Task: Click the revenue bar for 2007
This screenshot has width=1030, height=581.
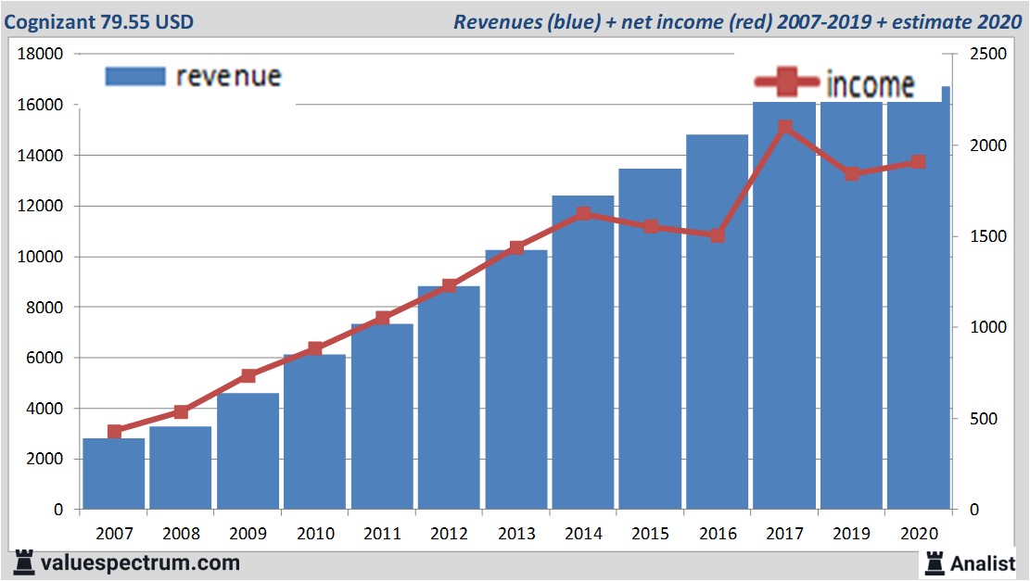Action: coord(114,473)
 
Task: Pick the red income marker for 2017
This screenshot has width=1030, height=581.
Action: coord(784,127)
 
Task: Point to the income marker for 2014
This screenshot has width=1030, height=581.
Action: coord(583,214)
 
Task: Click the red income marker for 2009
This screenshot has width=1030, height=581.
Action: coord(248,375)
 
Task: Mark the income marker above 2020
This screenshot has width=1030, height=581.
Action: coord(918,162)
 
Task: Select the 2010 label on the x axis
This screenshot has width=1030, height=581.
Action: coord(315,534)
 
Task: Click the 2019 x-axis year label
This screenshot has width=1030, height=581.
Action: coord(851,534)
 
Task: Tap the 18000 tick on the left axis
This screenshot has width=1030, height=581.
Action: coord(41,54)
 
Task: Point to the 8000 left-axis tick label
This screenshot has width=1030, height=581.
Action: coord(45,308)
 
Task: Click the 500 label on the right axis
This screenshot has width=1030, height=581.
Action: coord(984,420)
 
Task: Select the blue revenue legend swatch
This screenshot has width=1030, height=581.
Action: coord(135,76)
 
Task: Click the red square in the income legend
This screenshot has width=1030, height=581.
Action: coord(786,82)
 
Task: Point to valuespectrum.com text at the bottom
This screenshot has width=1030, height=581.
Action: coord(139,562)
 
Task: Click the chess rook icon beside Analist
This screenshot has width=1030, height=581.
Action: coord(934,562)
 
